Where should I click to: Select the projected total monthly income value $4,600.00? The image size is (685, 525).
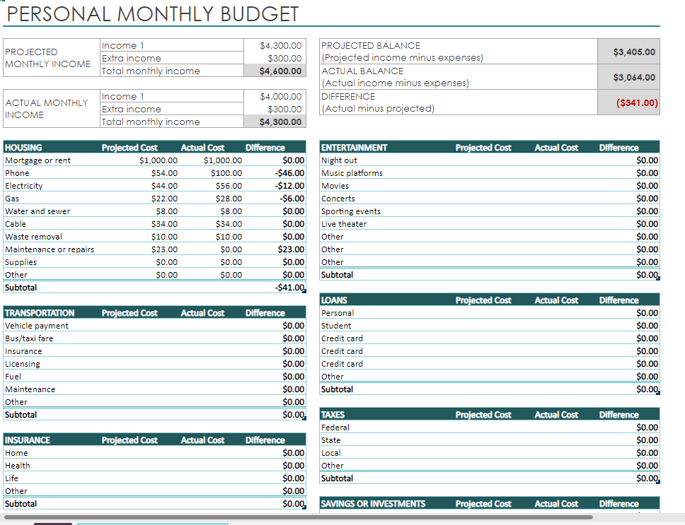pos(281,71)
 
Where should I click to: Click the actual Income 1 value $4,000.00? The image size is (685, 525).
pos(281,96)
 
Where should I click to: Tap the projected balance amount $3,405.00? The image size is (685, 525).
pos(634,52)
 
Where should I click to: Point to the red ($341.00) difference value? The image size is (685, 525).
pos(637,102)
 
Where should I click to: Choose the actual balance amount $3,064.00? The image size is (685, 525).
pos(634,77)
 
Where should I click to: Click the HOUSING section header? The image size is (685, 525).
pos(23,148)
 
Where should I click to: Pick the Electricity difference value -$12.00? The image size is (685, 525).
pos(290,186)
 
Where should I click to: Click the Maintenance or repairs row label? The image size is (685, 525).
pos(50,249)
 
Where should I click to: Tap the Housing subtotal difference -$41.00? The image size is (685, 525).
pos(290,288)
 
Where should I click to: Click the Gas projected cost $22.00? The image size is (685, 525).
pos(165,199)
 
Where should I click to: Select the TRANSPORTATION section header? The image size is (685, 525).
pos(40,313)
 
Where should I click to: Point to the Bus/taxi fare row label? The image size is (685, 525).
pos(29,338)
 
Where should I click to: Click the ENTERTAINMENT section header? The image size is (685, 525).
pos(355,148)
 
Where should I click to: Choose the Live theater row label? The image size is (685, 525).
pos(344,224)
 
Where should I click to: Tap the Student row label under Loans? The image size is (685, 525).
pos(336,326)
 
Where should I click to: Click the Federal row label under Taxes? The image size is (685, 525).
pos(335,427)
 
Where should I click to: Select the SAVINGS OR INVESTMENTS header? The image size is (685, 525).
pos(373,504)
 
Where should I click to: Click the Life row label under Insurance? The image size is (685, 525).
pos(11,478)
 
